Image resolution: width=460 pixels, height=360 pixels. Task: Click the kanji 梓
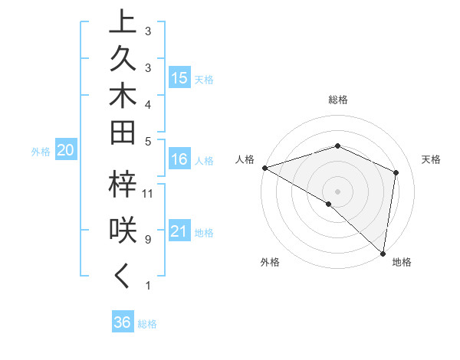point(123,185)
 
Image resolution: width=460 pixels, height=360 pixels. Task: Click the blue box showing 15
point(179,78)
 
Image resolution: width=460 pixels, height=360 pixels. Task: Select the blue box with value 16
point(179,159)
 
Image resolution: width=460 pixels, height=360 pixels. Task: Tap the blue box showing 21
point(179,231)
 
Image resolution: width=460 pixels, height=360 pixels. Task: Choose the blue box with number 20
point(66,151)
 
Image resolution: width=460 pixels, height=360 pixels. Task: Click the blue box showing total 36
point(123,322)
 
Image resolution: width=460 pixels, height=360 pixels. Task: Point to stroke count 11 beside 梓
point(149,193)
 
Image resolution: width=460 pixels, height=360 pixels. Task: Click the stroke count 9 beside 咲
point(147,240)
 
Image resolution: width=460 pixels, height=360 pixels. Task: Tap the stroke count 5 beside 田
point(147,141)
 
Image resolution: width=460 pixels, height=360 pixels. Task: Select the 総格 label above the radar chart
point(337,100)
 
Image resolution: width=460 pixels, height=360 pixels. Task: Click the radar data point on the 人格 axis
point(264,167)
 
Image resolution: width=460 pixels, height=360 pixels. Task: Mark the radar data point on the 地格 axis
point(383,252)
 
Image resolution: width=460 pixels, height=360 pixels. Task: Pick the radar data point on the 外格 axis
point(329,204)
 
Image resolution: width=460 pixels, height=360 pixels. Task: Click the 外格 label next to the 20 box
point(41,152)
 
